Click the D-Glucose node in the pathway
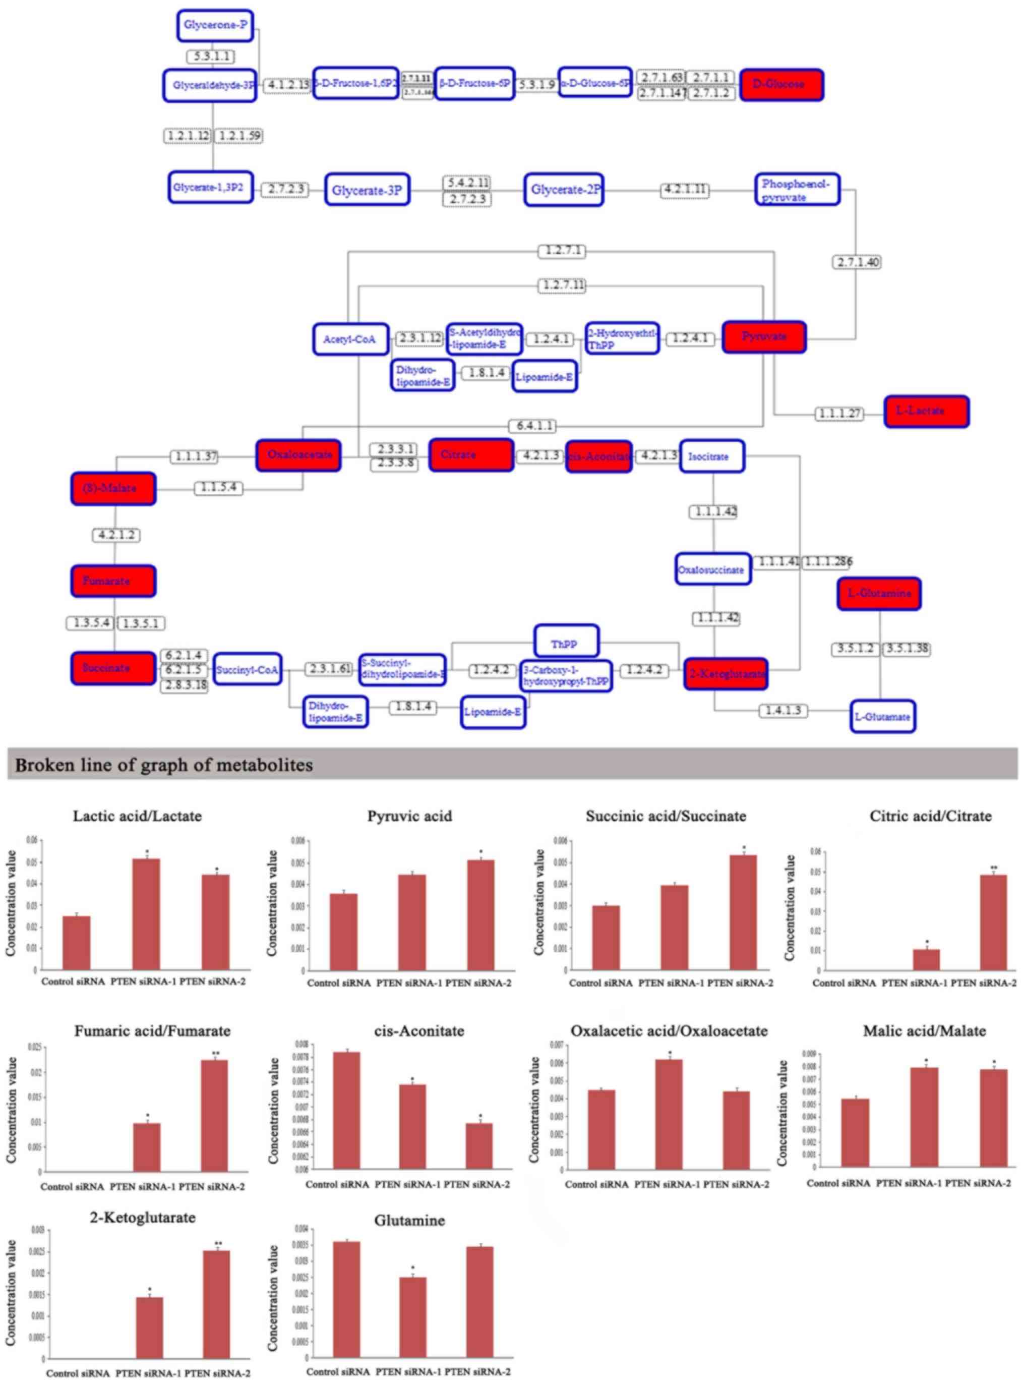click(x=781, y=84)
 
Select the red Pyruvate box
click(x=764, y=337)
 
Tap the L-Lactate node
click(x=927, y=411)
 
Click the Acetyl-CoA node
click(x=351, y=339)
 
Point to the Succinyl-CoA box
click(x=248, y=670)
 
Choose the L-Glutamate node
click(x=883, y=716)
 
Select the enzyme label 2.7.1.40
click(x=857, y=262)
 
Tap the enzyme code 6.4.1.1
click(x=532, y=426)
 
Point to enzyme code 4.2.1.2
click(x=116, y=535)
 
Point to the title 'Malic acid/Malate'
click(x=924, y=1031)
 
